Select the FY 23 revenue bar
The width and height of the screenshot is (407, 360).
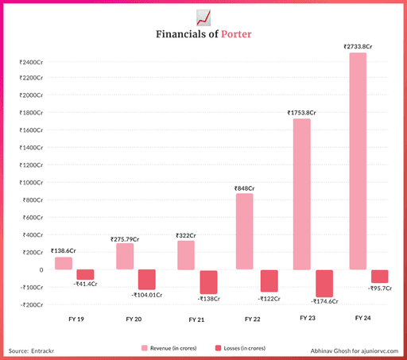coord(301,194)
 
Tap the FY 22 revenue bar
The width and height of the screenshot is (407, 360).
coord(245,231)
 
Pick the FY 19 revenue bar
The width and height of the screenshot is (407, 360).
coord(63,263)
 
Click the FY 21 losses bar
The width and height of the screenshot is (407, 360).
coord(208,282)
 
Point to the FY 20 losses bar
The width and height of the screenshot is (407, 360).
coord(147,279)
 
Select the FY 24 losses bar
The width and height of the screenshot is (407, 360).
coord(380,276)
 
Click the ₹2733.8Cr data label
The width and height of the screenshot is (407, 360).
coord(358,47)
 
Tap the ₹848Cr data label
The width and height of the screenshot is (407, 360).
coord(245,188)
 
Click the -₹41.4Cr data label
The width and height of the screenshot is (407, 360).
coord(85,284)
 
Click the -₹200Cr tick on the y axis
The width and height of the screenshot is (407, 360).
coord(27,304)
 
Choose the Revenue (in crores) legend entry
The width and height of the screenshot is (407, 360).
coord(171,348)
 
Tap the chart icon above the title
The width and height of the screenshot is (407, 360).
coord(203,17)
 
